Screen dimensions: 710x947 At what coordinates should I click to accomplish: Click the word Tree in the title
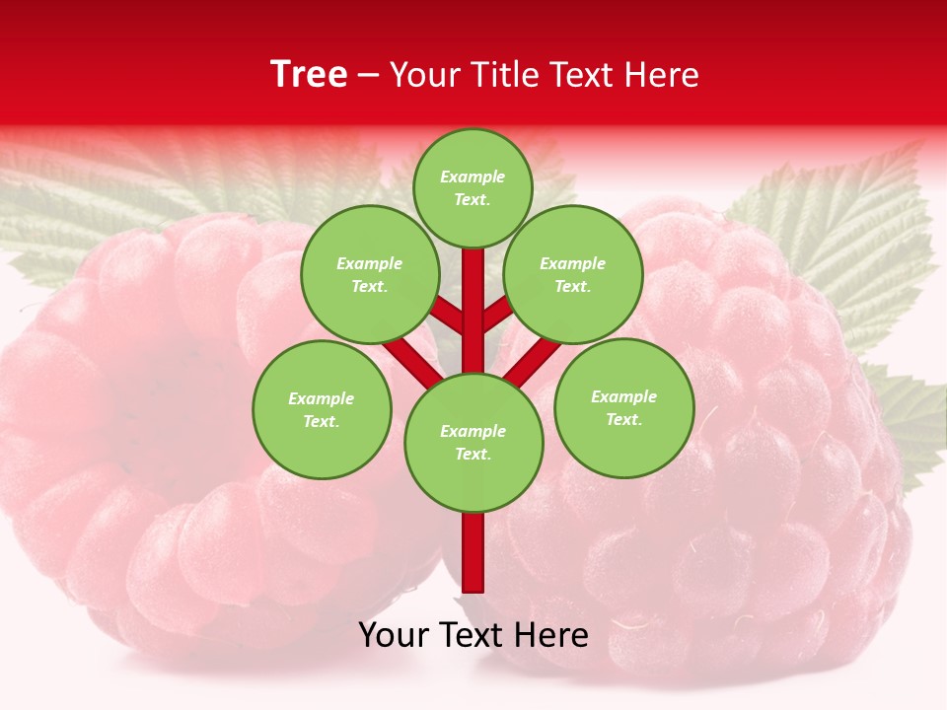308,75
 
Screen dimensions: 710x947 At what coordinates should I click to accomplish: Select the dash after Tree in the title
369,76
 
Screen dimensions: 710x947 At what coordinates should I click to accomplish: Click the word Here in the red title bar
664,75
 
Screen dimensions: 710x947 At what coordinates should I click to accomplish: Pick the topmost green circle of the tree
473,187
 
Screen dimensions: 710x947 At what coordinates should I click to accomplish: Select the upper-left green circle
369,274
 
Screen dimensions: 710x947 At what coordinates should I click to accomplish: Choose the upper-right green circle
573,274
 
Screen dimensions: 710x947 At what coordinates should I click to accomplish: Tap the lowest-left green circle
322,409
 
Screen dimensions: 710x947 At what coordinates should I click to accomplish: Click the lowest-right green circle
623,407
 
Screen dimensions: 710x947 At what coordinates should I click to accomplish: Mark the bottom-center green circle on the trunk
473,443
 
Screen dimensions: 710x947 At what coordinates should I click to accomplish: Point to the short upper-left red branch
448,316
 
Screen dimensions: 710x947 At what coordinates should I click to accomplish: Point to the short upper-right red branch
498,313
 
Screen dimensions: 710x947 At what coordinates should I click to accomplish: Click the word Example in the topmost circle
473,177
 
